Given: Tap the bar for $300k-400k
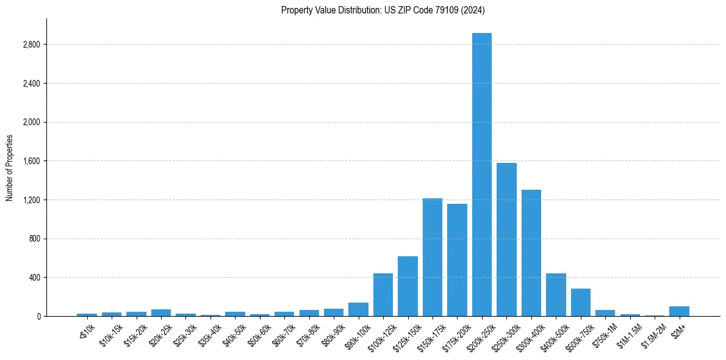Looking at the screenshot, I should [x=531, y=253].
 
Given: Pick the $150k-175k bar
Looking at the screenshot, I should [x=432, y=257].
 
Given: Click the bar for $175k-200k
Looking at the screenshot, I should [x=457, y=260].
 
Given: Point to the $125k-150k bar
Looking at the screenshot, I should [x=408, y=286].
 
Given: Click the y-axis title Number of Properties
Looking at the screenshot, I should [x=10, y=168].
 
